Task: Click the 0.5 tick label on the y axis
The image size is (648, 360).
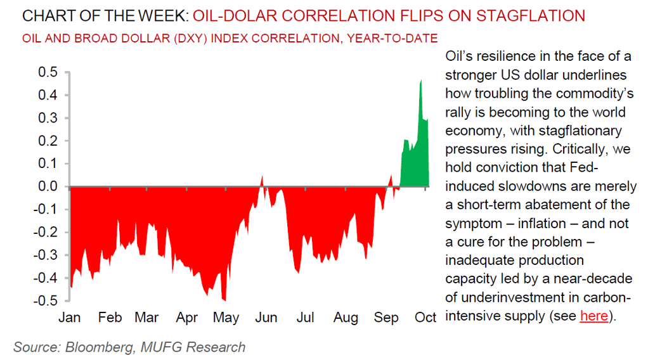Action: point(47,72)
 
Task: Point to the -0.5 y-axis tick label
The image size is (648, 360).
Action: point(44,300)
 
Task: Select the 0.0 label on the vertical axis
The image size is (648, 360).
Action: point(47,186)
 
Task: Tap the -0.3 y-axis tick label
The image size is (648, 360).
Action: point(44,255)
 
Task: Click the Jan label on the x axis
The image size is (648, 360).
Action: point(69,318)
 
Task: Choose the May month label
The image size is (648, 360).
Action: point(226,318)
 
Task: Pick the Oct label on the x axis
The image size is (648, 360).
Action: point(425,318)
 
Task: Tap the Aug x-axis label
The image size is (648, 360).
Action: point(346,318)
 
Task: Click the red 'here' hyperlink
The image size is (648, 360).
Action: point(593,315)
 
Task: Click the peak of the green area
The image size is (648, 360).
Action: point(420,81)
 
